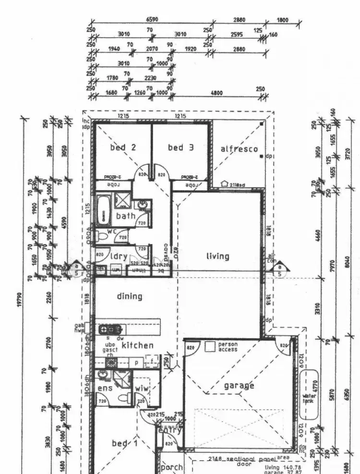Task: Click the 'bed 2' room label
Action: click(x=123, y=148)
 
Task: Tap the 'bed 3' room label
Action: click(x=181, y=148)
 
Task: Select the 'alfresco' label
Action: click(x=239, y=149)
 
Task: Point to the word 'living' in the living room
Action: click(x=218, y=256)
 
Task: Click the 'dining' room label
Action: click(x=130, y=296)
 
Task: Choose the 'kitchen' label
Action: click(x=137, y=345)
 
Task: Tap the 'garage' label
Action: click(x=239, y=385)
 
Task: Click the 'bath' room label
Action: click(x=126, y=216)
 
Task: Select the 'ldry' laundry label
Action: click(x=119, y=257)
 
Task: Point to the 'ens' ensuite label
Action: click(x=105, y=388)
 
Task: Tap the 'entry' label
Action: click(x=170, y=430)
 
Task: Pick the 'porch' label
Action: click(x=171, y=467)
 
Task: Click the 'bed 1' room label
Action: click(x=125, y=443)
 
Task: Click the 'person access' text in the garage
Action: click(x=228, y=347)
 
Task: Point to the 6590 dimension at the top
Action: click(x=152, y=20)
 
